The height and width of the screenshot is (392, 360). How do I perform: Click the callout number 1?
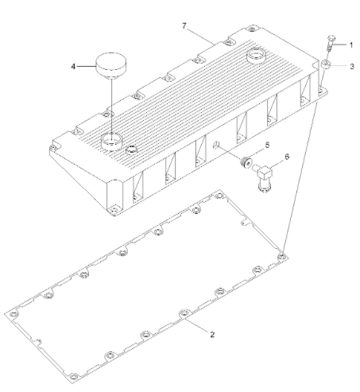click(x=351, y=45)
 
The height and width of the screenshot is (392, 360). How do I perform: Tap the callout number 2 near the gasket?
click(x=212, y=335)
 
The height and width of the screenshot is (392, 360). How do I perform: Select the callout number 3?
click(x=352, y=66)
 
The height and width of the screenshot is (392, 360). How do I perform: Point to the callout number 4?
click(x=73, y=66)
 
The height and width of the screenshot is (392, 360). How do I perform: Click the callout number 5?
click(x=267, y=145)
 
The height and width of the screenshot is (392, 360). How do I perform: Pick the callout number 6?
click(x=287, y=157)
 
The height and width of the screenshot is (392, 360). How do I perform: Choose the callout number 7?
click(x=184, y=25)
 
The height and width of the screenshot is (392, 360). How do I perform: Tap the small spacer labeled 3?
click(x=326, y=64)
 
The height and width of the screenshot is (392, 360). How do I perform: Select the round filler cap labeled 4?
click(x=111, y=65)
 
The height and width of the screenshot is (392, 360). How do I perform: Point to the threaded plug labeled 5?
click(x=246, y=162)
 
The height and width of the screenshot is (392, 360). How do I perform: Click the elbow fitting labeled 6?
click(x=264, y=177)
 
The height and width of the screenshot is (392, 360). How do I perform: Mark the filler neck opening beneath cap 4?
click(x=112, y=141)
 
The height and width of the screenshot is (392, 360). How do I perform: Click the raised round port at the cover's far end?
click(x=256, y=55)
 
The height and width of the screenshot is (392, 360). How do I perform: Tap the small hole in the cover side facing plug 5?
click(x=216, y=145)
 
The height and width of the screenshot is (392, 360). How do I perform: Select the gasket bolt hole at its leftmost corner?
click(x=13, y=314)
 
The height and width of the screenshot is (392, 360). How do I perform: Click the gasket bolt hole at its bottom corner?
click(x=74, y=377)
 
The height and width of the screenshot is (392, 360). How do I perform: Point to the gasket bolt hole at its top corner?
click(x=219, y=196)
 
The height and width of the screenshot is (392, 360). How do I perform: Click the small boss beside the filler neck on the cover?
click(x=132, y=149)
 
